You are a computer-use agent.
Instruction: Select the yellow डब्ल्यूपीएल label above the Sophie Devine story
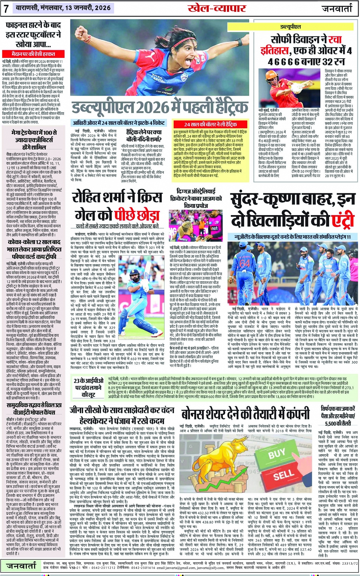(x=291, y=27)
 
